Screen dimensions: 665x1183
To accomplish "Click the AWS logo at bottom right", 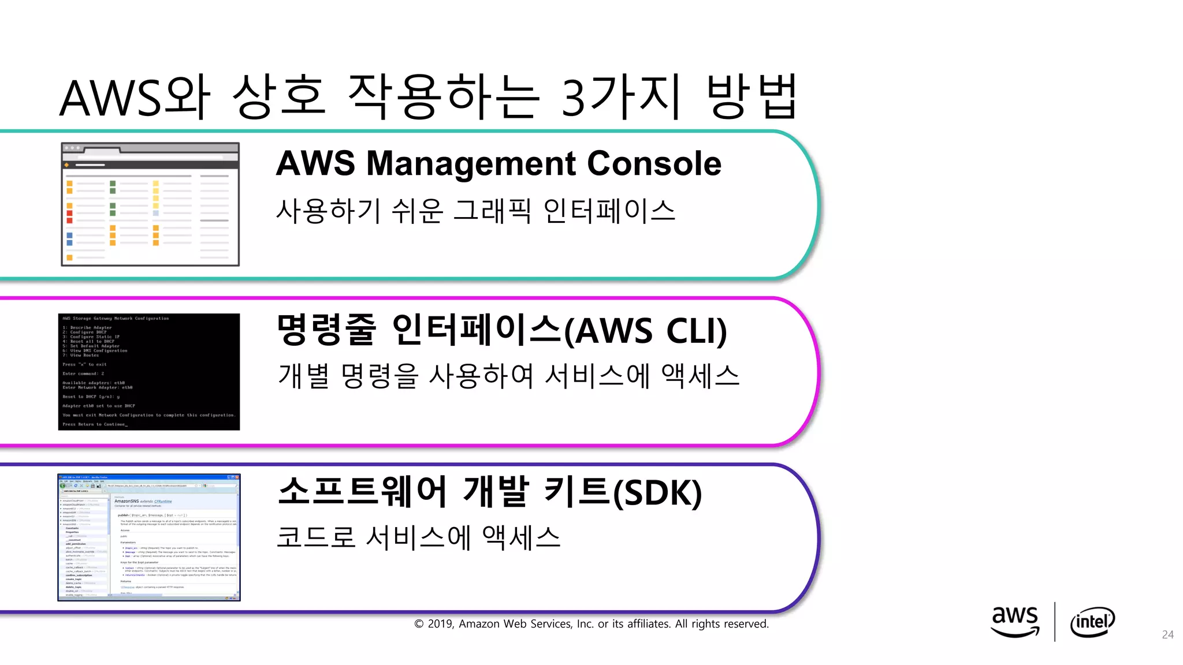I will pos(1015,621).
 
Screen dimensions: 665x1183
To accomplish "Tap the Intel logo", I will pos(1092,622).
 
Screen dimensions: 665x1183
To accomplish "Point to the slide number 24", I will pos(1167,635).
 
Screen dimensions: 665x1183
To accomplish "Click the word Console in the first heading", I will pos(654,163).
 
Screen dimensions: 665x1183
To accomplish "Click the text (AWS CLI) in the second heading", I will pos(645,331).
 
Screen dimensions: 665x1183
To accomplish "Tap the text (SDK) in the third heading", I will pos(657,493).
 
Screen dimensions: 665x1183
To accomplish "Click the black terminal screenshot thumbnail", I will pos(149,372).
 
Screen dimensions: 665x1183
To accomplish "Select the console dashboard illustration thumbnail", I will pos(150,204).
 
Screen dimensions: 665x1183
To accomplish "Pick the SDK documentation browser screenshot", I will pos(149,537).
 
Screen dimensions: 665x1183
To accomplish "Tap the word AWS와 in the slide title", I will pos(135,98).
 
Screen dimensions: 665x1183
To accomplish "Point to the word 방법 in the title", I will pos(752,97).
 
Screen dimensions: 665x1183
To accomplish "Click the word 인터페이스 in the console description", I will pos(609,211).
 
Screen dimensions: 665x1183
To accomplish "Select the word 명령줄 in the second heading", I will pos(326,330).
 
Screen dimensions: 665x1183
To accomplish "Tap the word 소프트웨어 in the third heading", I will pos(362,492).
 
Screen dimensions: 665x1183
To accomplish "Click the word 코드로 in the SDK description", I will pos(315,537).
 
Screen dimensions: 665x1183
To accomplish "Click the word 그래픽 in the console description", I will pos(492,211).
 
